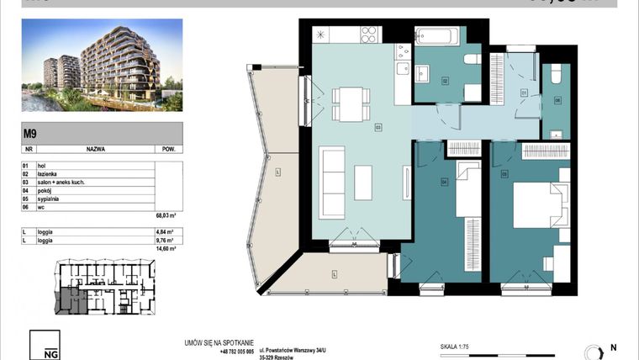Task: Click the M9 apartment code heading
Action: click(x=31, y=130)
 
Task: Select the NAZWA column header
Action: click(x=95, y=147)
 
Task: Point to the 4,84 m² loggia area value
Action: click(x=164, y=231)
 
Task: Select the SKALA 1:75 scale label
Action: click(x=456, y=346)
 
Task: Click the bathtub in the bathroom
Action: click(x=436, y=36)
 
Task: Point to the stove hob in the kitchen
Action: click(x=371, y=35)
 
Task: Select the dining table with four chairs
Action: click(x=347, y=103)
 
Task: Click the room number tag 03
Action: click(x=378, y=128)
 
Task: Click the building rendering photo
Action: click(x=101, y=66)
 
